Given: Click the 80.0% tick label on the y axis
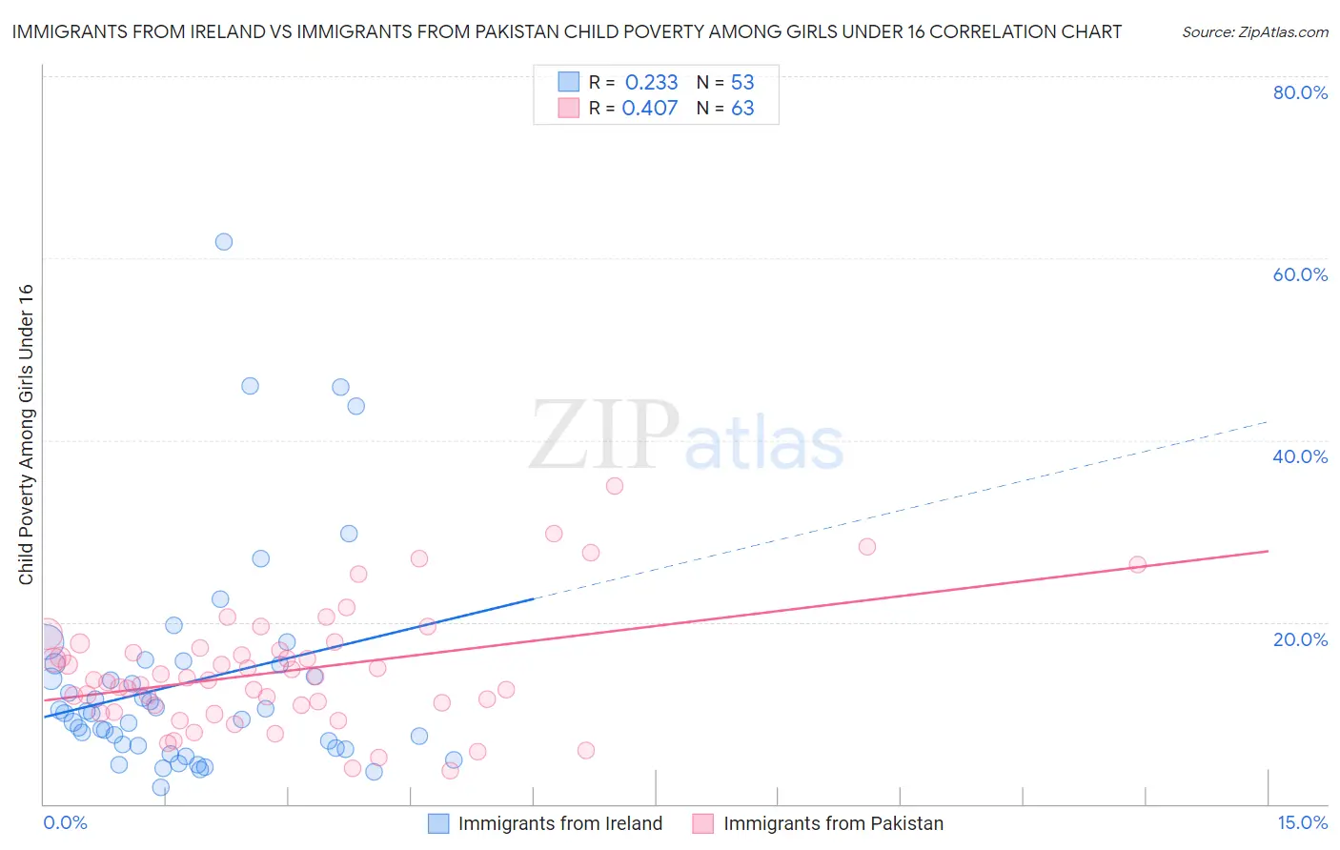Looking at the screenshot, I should pyautogui.click(x=1300, y=92).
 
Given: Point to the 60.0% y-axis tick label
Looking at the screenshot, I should pyautogui.click(x=1300, y=274).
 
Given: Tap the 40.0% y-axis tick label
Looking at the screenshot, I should pyautogui.click(x=1300, y=456).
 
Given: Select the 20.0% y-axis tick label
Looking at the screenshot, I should pyautogui.click(x=1300, y=639).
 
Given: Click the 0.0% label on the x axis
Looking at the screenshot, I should pyautogui.click(x=65, y=822).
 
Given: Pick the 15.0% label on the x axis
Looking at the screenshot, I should pyautogui.click(x=1302, y=822).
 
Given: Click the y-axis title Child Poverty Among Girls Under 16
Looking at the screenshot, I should pyautogui.click(x=26, y=435).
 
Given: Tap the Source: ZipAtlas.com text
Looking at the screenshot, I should pyautogui.click(x=1254, y=31).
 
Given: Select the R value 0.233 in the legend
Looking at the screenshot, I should pyautogui.click(x=651, y=83).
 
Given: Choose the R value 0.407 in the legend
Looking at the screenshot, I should pyautogui.click(x=650, y=109).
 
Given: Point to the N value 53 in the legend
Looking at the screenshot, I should pyautogui.click(x=742, y=83).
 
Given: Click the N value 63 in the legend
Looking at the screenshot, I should pyautogui.click(x=742, y=109).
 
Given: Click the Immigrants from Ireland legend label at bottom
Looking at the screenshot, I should pyautogui.click(x=559, y=823).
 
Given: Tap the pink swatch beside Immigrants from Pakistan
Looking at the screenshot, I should pyautogui.click(x=702, y=823).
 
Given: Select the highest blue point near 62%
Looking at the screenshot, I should pyautogui.click(x=224, y=242).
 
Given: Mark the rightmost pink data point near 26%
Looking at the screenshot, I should pyautogui.click(x=1137, y=564).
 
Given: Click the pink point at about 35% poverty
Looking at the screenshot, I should pyautogui.click(x=615, y=486).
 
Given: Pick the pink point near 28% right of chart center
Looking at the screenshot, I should pyautogui.click(x=866, y=547).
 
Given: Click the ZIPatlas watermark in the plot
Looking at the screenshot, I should pyautogui.click(x=686, y=436).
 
